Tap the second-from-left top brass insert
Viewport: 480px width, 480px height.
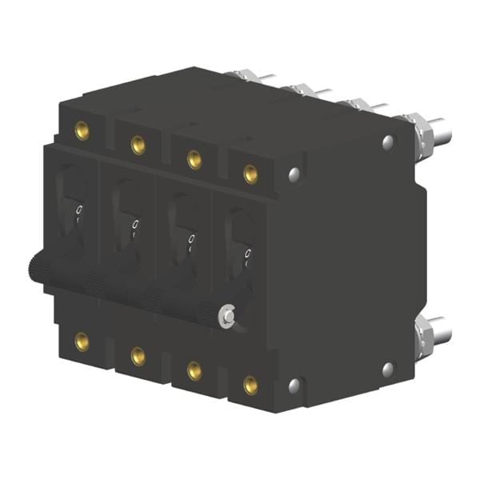(138, 145)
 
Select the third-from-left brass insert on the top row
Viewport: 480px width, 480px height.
(194, 158)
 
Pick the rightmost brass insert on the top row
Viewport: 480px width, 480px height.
(250, 171)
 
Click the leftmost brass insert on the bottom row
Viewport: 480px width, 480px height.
(82, 342)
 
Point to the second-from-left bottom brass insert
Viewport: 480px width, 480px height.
(138, 355)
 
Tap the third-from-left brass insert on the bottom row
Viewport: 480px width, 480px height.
(194, 370)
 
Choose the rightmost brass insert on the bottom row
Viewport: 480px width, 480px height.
(250, 385)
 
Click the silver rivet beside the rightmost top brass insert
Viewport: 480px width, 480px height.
(294, 172)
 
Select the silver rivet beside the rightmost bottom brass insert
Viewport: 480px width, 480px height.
(294, 385)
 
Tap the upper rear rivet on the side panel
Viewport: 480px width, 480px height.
(389, 142)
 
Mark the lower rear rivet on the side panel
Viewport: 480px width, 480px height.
(389, 369)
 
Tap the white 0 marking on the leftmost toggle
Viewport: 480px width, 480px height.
(78, 210)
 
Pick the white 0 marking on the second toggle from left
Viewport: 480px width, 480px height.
(135, 223)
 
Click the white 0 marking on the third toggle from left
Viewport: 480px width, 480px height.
(191, 238)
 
